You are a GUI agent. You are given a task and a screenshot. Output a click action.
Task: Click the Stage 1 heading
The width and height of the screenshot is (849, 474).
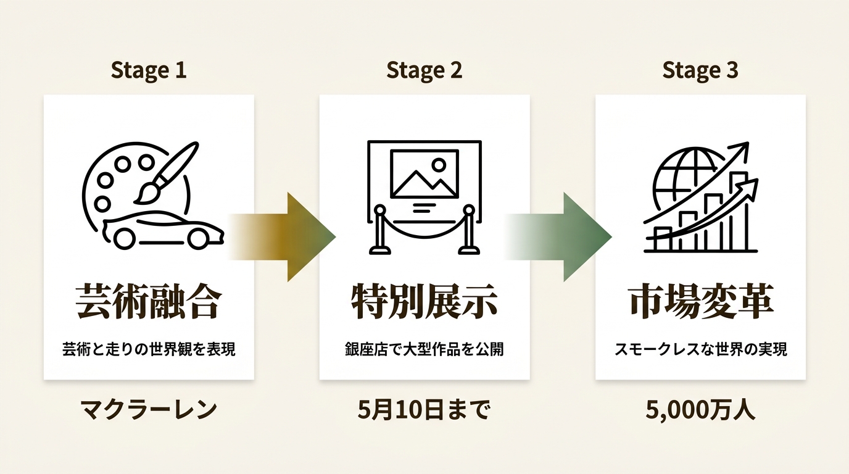pos(149,71)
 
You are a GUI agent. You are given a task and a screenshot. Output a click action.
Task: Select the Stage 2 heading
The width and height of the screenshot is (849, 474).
pos(424,71)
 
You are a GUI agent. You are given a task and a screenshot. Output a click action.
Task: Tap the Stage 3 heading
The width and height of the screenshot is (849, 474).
pos(700,71)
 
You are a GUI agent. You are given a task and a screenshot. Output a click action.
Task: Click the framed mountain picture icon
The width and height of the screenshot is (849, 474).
pos(424,173)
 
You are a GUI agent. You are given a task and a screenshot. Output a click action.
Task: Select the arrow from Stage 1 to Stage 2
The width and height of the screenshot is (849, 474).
pos(283,237)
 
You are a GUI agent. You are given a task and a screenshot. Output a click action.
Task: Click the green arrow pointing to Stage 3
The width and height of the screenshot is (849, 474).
pos(558,237)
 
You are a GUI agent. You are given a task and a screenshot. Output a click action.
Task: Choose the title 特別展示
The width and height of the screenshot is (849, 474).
pos(424,302)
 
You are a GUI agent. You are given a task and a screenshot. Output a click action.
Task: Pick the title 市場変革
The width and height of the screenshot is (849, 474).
pos(700,302)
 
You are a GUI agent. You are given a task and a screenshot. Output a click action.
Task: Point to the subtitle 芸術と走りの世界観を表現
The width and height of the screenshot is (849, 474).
pos(149,349)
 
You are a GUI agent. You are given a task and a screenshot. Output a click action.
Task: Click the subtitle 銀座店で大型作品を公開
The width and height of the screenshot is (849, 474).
pos(424,349)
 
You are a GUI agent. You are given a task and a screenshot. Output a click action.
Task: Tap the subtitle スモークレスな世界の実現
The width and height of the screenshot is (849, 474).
pos(700,349)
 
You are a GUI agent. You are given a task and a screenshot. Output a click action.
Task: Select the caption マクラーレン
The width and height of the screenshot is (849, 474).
pos(149,410)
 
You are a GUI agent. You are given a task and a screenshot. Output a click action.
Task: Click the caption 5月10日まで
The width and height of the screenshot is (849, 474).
pos(424,410)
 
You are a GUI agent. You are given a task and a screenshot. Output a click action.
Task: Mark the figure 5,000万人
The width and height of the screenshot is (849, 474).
pos(700,410)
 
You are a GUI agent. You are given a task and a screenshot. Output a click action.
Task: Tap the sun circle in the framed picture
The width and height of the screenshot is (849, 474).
pos(439,165)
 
